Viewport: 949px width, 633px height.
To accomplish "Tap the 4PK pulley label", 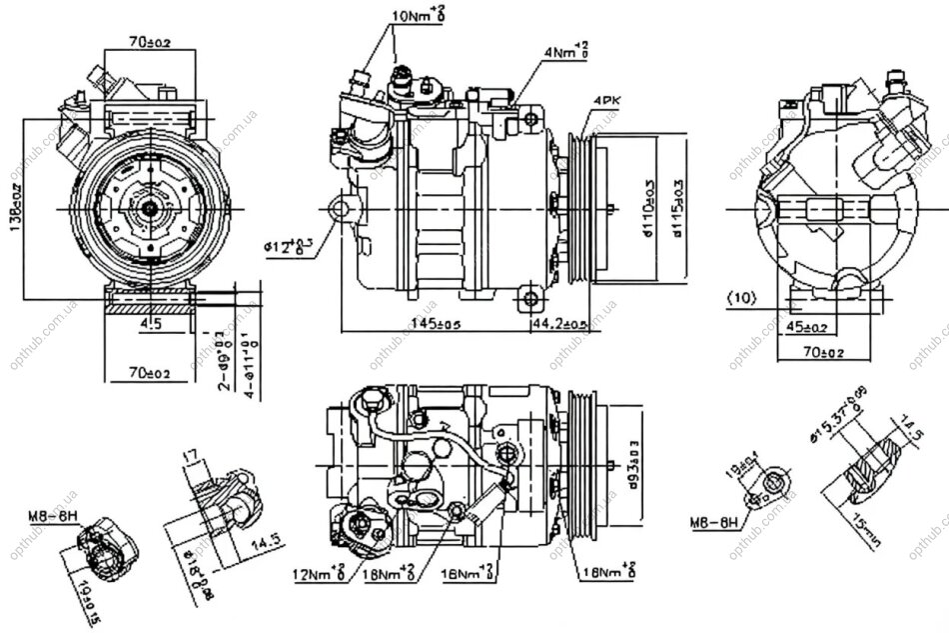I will tap(606, 101).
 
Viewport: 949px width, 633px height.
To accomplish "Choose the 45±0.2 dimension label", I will tap(807, 326).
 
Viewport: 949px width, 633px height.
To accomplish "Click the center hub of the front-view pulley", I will tap(150, 207).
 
